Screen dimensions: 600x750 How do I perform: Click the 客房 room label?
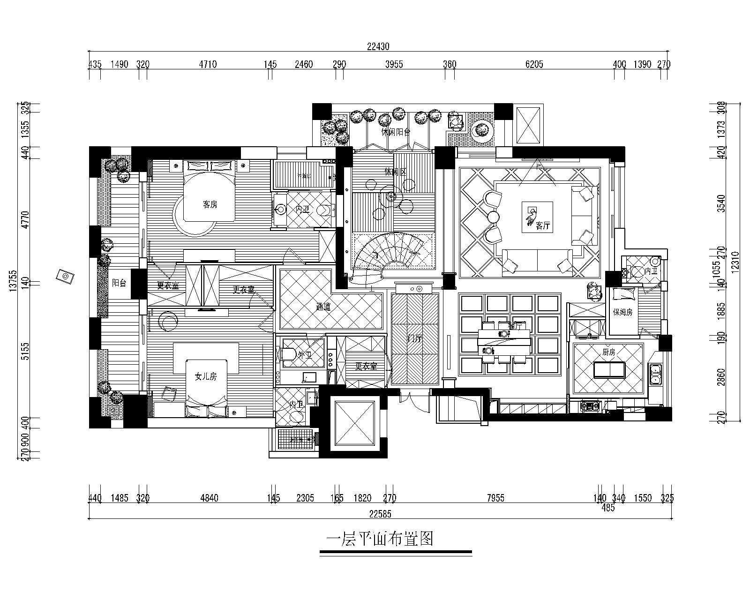tap(210, 205)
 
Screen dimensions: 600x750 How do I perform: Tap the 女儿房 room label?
tap(206, 376)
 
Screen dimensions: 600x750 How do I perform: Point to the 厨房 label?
tap(608, 352)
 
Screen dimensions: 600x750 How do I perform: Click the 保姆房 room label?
tap(622, 312)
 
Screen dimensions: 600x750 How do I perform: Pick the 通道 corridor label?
tap(323, 307)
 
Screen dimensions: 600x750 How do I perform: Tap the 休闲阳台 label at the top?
tap(396, 132)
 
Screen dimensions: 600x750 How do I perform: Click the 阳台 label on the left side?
tap(119, 283)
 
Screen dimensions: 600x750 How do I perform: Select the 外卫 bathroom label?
tap(305, 355)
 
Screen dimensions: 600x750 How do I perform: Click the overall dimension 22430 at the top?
tap(378, 46)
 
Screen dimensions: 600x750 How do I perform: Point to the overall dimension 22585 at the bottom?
tap(380, 514)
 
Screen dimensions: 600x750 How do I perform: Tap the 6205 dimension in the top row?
tap(534, 64)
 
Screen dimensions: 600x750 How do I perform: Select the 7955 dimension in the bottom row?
tap(495, 498)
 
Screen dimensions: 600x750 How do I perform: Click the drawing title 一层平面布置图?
tap(379, 539)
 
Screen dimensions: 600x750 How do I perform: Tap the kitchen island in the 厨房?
tap(609, 370)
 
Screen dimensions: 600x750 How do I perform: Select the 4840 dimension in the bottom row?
tap(209, 498)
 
